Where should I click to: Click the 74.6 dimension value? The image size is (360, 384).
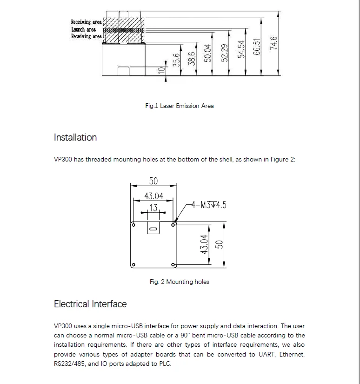[274, 43]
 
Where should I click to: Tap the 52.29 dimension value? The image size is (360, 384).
[224, 53]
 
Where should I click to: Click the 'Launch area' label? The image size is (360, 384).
[83, 29]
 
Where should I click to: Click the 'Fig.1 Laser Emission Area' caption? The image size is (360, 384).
[180, 106]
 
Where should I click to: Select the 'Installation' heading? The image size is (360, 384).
[75, 137]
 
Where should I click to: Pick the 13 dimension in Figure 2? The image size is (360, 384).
[153, 208]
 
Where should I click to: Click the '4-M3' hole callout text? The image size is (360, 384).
[209, 205]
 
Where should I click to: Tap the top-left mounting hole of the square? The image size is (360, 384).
[133, 225]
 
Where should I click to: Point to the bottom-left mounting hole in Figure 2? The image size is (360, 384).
[133, 265]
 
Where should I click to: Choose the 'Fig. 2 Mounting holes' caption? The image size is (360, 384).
[180, 282]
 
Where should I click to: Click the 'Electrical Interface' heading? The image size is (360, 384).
[90, 304]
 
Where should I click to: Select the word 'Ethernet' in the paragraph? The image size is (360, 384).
[290, 354]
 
